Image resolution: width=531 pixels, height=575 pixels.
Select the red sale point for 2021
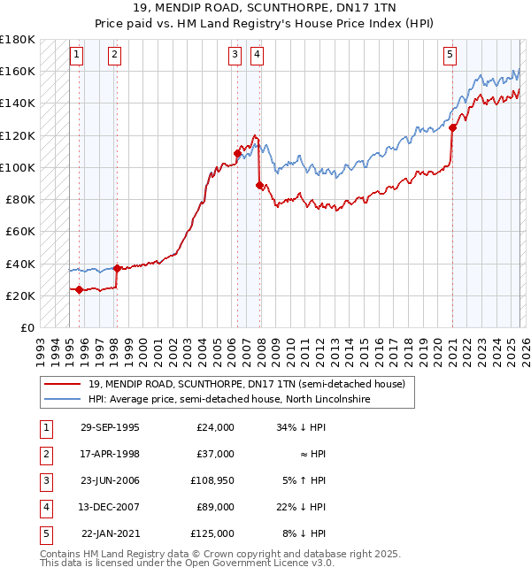pyautogui.click(x=452, y=127)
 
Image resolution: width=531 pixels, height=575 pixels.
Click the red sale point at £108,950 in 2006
pyautogui.click(x=237, y=153)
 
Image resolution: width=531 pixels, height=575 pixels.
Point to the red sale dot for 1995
pyautogui.click(x=80, y=289)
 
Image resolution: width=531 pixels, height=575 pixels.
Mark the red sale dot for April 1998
pyautogui.click(x=117, y=268)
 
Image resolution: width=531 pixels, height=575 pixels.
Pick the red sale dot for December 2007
pyautogui.click(x=259, y=185)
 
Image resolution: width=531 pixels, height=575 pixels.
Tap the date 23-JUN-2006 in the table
pyautogui.click(x=110, y=481)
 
